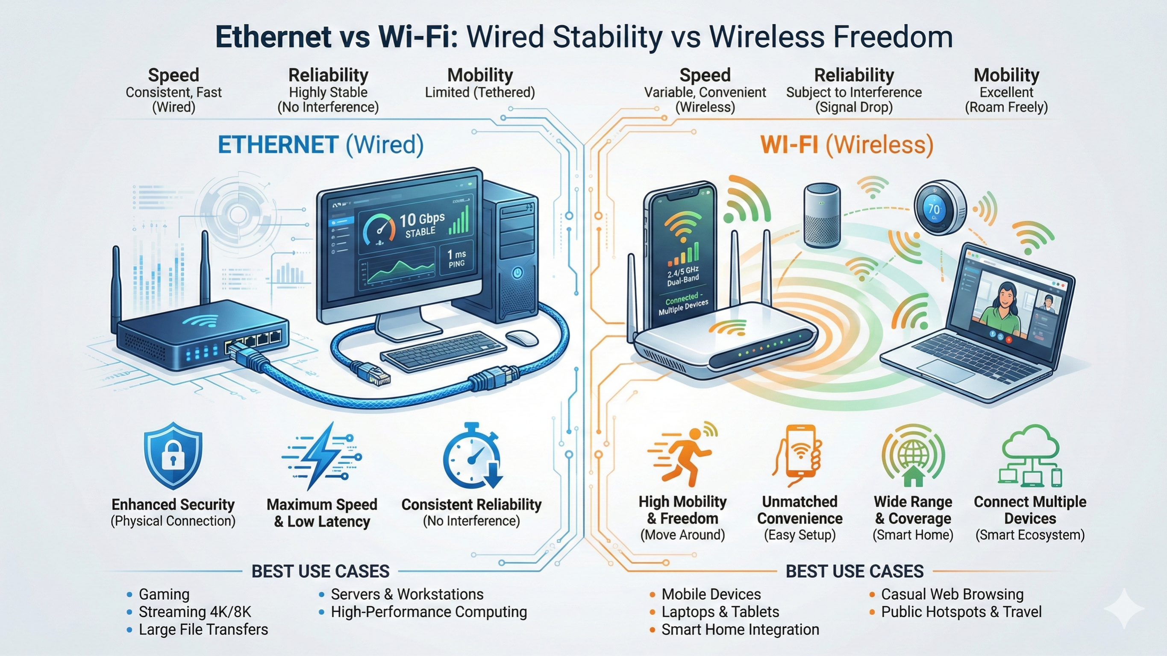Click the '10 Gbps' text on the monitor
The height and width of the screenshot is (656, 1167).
click(422, 220)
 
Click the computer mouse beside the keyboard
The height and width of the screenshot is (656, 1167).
click(521, 338)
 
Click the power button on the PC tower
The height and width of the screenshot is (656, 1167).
click(517, 272)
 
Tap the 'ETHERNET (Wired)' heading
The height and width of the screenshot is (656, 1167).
click(321, 145)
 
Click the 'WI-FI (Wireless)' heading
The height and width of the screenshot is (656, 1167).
click(847, 145)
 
